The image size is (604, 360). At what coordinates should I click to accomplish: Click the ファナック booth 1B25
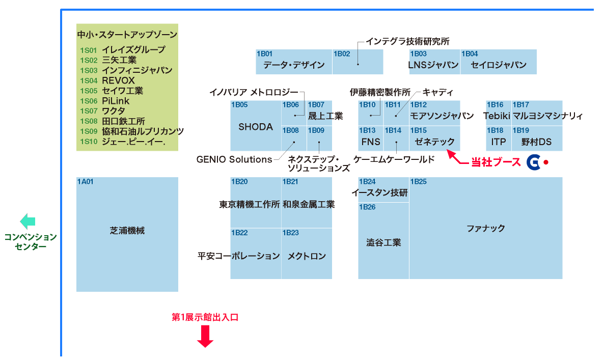[x=485, y=228]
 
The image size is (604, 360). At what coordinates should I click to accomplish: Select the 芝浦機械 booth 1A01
[x=127, y=231]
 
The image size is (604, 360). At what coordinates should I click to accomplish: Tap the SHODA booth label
[x=256, y=127]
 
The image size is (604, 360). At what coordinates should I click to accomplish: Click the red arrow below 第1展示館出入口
[x=205, y=336]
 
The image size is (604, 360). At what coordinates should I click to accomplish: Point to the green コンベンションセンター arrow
[x=28, y=221]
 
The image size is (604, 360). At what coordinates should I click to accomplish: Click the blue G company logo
[x=533, y=162]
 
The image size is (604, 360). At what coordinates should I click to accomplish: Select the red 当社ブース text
[x=496, y=162]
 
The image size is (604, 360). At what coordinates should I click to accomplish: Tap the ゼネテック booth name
[x=434, y=142]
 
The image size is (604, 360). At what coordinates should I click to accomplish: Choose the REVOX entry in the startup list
[x=118, y=80]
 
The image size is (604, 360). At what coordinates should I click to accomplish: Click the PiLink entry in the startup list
[x=116, y=101]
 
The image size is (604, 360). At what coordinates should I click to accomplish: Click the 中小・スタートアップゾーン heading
[x=127, y=35]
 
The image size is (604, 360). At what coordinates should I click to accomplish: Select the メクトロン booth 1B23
[x=307, y=256]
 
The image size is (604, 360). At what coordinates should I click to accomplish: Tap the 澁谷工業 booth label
[x=383, y=242]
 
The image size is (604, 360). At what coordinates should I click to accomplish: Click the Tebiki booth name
[x=497, y=116]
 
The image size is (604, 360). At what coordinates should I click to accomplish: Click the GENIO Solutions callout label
[x=234, y=159]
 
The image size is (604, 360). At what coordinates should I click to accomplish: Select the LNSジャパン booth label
[x=433, y=65]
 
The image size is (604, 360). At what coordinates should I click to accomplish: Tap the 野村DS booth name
[x=536, y=142]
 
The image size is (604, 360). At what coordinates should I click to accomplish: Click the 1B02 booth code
[x=342, y=53]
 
